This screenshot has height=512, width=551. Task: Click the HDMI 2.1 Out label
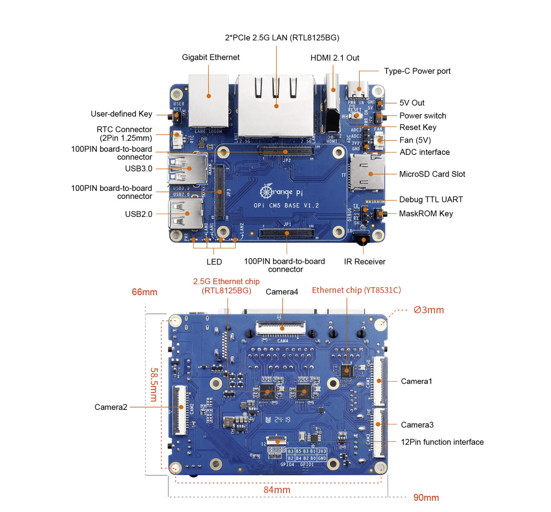[335, 58]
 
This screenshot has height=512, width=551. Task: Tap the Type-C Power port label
[417, 71]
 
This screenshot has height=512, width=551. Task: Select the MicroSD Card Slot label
[432, 174]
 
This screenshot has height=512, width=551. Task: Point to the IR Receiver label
[364, 262]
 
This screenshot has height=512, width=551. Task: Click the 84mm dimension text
[277, 490]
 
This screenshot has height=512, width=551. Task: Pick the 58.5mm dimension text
[154, 384]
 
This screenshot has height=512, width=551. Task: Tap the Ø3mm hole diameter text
[429, 310]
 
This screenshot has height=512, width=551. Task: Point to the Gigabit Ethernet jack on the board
[209, 100]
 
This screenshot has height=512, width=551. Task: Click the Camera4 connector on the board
[281, 327]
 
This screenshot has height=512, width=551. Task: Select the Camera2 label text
[111, 407]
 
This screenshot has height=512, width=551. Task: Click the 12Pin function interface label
[442, 442]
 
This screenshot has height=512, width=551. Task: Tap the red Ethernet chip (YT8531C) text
[356, 290]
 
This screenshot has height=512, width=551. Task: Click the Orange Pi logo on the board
[282, 192]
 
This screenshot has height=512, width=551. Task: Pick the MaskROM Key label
[426, 213]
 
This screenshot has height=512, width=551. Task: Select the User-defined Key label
[121, 114]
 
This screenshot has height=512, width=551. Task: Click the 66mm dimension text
[144, 292]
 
